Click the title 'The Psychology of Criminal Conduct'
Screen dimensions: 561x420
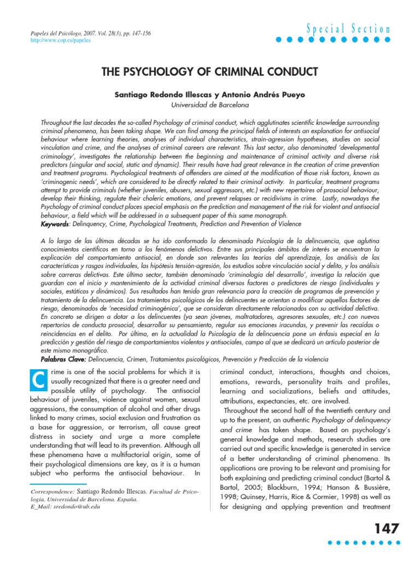pos(209,72)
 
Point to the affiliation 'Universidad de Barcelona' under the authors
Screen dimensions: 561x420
pos(209,104)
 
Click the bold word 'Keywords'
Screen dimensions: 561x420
pos(55,224)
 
